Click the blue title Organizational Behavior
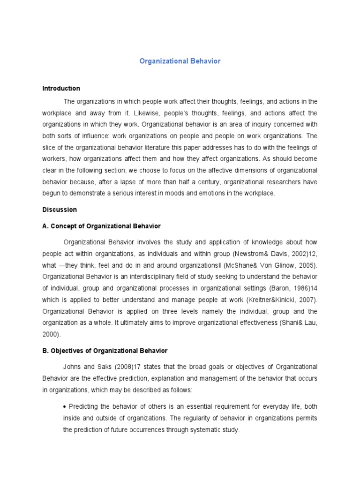click(180, 61)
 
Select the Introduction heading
click(61, 88)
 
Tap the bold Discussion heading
click(60, 210)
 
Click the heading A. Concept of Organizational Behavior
click(101, 226)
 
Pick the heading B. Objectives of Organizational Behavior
click(105, 351)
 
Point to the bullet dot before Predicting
click(65, 406)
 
